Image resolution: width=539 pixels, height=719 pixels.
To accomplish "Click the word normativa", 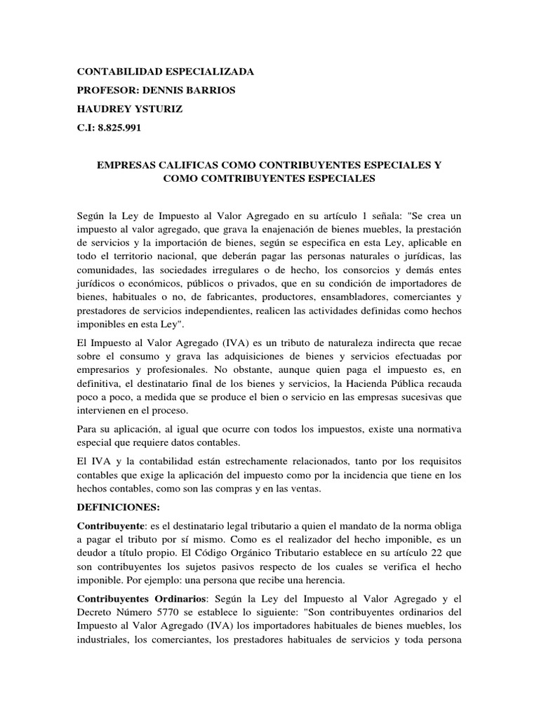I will tap(436, 428).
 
